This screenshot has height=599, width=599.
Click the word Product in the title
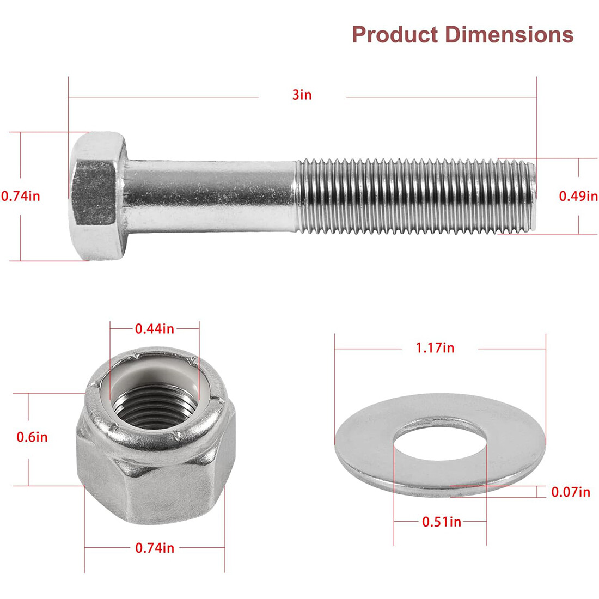pyautogui.click(x=395, y=34)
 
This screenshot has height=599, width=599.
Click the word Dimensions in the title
pyautogui.click(x=509, y=34)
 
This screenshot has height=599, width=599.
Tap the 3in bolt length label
pyautogui.click(x=302, y=95)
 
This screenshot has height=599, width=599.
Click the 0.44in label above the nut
pyautogui.click(x=155, y=328)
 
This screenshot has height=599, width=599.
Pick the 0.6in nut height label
pyautogui.click(x=32, y=437)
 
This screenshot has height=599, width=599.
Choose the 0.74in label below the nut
pyautogui.click(x=155, y=548)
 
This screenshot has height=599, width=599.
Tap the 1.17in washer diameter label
pyautogui.click(x=435, y=347)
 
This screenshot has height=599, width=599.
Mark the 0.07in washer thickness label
pyautogui.click(x=571, y=492)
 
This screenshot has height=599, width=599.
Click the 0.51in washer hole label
pyautogui.click(x=442, y=522)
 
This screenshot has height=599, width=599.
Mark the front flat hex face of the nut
pyautogui.click(x=169, y=493)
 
